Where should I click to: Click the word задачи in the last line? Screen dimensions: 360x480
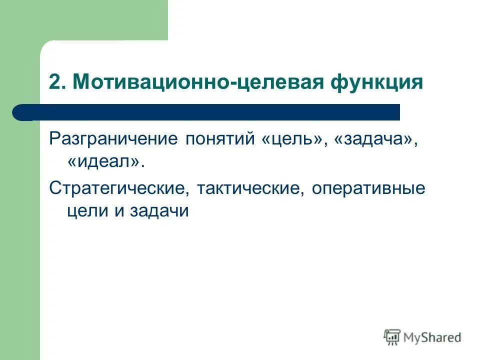tap(159, 210)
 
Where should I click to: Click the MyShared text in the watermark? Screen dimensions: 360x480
tap(433, 337)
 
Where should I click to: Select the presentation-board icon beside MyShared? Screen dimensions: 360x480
tap(392, 337)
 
